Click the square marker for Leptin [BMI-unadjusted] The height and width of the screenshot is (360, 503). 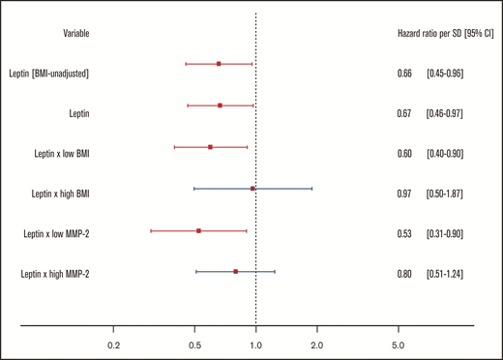(x=219, y=64)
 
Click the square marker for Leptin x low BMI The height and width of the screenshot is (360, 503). (x=210, y=147)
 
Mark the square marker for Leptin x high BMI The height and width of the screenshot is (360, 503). (x=252, y=189)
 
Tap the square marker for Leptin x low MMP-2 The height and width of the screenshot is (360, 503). (x=199, y=230)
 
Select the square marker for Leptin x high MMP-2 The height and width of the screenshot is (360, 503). (x=235, y=272)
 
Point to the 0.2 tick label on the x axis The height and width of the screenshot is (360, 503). (x=114, y=344)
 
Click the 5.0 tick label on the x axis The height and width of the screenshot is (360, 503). (x=397, y=344)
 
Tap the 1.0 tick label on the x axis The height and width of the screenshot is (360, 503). (x=255, y=344)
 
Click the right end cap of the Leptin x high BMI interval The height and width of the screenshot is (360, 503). (x=311, y=189)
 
